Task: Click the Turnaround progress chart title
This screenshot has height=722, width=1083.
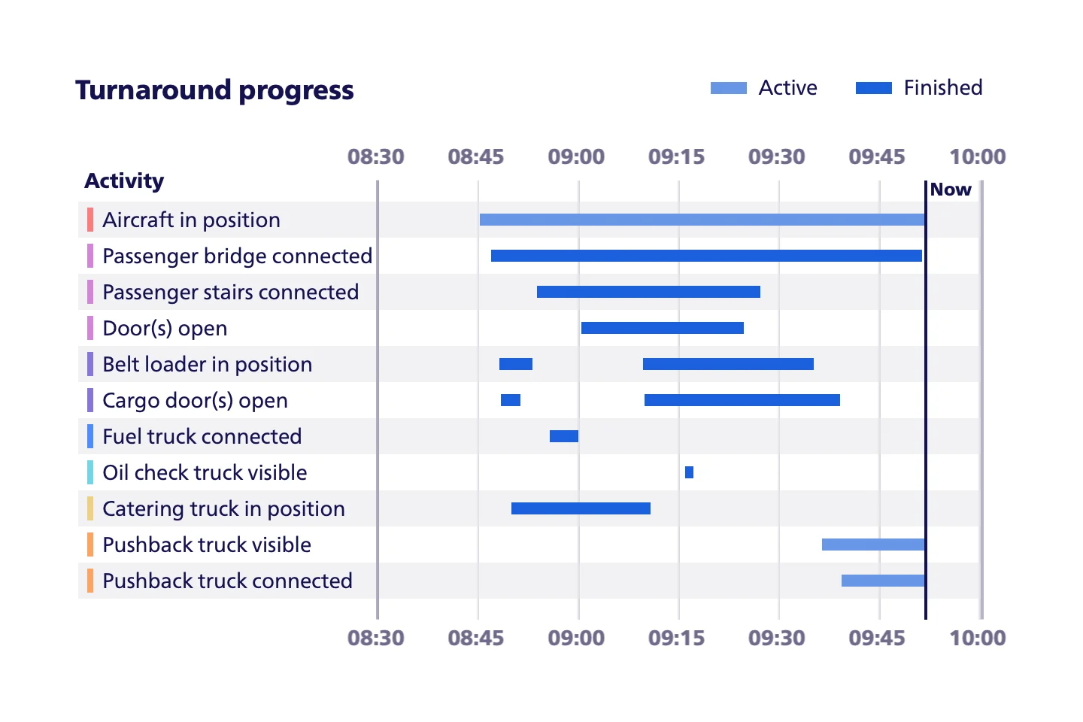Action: pyautogui.click(x=214, y=90)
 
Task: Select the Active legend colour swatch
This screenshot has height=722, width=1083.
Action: pyautogui.click(x=729, y=88)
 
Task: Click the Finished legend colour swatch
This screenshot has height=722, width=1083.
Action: pyautogui.click(x=874, y=88)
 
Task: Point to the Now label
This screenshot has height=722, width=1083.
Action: pyautogui.click(x=951, y=189)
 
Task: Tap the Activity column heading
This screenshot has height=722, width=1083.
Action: pyautogui.click(x=124, y=180)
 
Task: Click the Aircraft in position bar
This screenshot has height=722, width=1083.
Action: pyautogui.click(x=702, y=220)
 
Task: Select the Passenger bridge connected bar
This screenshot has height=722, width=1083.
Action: pyautogui.click(x=706, y=256)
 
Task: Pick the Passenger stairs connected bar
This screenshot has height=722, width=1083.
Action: pyautogui.click(x=648, y=292)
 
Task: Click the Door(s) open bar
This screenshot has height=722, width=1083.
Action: pyautogui.click(x=663, y=328)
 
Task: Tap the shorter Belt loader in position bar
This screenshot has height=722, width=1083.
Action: pyautogui.click(x=516, y=364)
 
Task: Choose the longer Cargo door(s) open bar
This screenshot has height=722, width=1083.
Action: pyautogui.click(x=742, y=400)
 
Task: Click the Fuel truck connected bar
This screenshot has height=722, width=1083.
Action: pyautogui.click(x=564, y=436)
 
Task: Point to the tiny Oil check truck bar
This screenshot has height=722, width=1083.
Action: pyautogui.click(x=690, y=472)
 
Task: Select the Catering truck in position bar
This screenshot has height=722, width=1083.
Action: pyautogui.click(x=581, y=508)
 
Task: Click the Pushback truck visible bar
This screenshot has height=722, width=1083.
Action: pyautogui.click(x=873, y=545)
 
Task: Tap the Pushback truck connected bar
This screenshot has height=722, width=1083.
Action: pyautogui.click(x=883, y=581)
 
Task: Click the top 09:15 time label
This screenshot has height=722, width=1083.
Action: pyautogui.click(x=676, y=156)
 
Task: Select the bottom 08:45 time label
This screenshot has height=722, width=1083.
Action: pyautogui.click(x=476, y=638)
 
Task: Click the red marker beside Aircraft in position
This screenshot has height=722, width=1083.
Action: pyautogui.click(x=90, y=220)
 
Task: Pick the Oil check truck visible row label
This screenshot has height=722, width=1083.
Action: pyautogui.click(x=205, y=472)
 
